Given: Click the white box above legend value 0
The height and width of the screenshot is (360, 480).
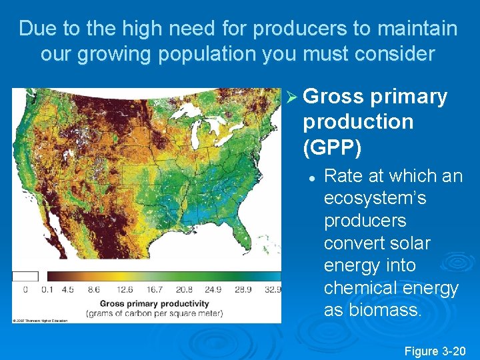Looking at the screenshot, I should [x=25, y=276].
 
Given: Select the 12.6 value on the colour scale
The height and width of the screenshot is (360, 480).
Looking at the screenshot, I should [x=123, y=290].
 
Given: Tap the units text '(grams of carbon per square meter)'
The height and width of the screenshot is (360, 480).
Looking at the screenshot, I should [x=154, y=313].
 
